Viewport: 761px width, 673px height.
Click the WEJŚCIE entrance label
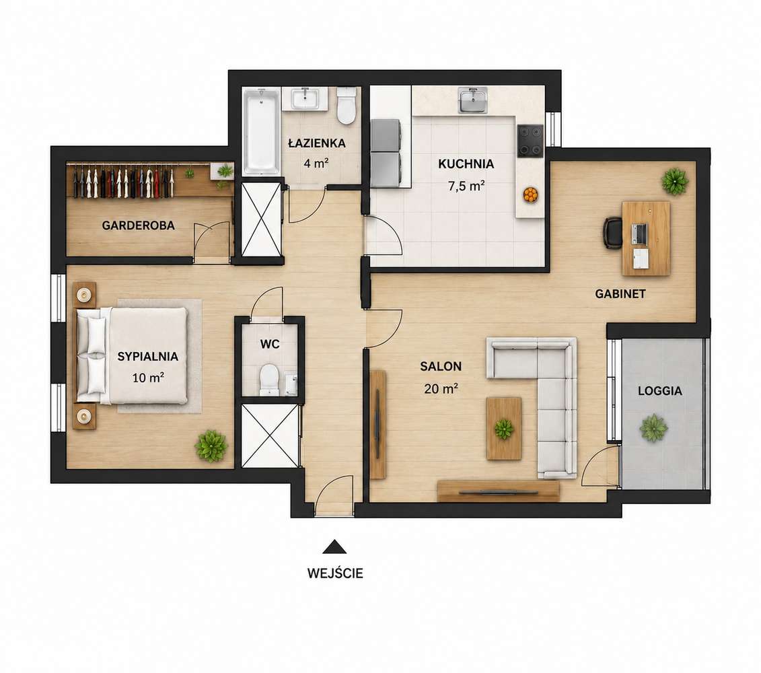[335, 573]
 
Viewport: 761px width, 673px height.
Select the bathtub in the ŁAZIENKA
[261, 131]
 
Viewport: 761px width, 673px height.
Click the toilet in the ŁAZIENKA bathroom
[347, 106]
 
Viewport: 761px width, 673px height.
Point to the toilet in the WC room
[269, 379]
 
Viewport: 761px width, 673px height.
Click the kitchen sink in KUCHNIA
[473, 100]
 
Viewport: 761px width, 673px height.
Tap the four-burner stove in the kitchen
[530, 141]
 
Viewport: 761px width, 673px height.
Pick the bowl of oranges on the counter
[530, 194]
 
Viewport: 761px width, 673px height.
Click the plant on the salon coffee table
[504, 429]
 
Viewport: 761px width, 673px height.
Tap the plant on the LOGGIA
[653, 428]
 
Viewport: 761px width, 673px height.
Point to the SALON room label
[441, 366]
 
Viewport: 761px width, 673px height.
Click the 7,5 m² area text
[466, 186]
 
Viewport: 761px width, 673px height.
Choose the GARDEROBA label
[139, 225]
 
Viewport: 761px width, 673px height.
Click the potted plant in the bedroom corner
[211, 446]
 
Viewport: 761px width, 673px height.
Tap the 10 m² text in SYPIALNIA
[148, 378]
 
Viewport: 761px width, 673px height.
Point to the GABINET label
[620, 294]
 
